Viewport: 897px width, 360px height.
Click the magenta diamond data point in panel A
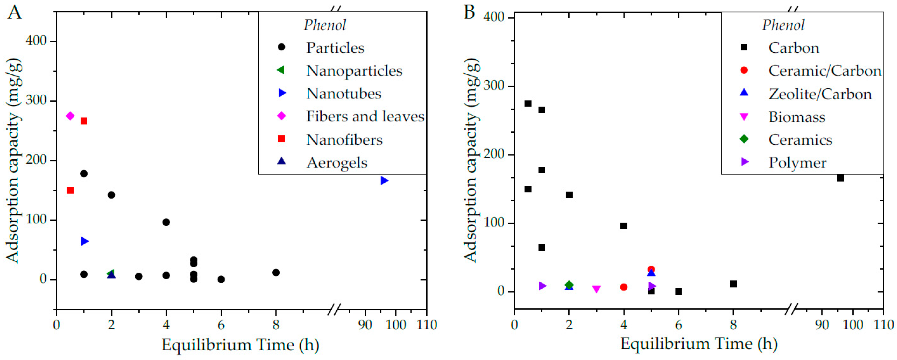point(70,116)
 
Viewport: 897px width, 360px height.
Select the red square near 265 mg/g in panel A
point(83,121)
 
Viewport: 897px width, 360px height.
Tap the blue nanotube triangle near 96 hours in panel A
point(384,180)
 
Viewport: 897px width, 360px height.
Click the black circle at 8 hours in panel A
point(276,273)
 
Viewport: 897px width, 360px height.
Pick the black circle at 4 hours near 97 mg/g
point(166,222)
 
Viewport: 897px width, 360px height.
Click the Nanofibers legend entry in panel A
point(344,140)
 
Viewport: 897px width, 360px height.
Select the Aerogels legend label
point(337,163)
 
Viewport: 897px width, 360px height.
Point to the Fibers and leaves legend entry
point(365,116)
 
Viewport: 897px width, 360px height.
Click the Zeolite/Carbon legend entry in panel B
point(820,94)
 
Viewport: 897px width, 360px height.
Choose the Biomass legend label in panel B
point(797,117)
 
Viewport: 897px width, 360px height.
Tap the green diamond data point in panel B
point(569,285)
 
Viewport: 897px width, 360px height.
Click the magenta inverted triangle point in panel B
point(597,289)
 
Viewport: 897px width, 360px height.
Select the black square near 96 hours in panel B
point(840,178)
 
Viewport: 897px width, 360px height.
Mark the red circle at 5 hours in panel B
point(651,270)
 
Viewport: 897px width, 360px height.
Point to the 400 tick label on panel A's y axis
point(36,41)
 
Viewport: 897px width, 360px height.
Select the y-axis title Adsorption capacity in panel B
point(471,160)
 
